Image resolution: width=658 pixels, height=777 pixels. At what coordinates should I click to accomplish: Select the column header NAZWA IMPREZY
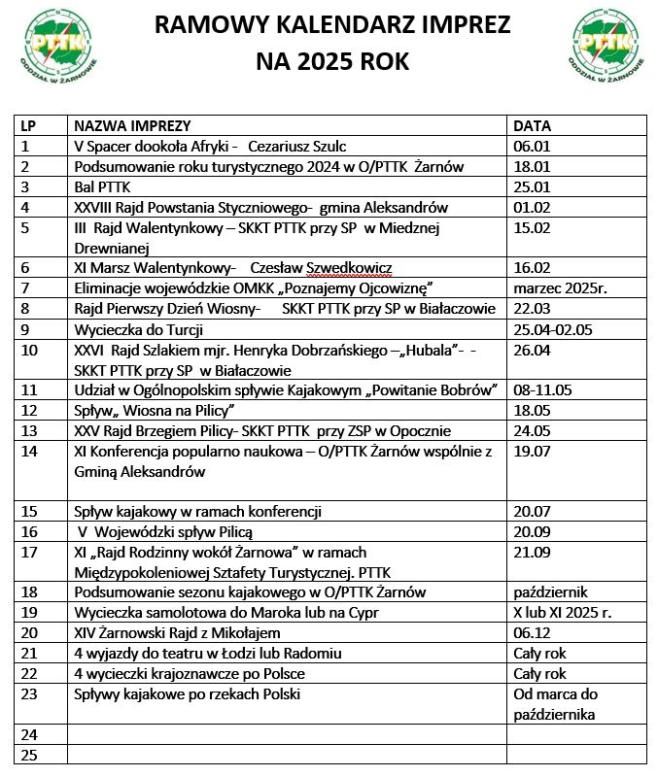coord(131,126)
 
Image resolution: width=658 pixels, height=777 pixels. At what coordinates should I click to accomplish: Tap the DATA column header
coord(532,126)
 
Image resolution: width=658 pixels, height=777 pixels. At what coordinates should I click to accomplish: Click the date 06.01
coord(532,147)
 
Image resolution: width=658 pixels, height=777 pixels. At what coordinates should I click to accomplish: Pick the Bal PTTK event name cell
coord(101,186)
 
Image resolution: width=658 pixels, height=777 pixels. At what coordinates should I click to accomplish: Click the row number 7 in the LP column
coord(26,288)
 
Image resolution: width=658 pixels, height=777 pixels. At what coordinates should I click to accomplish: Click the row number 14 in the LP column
coord(29,452)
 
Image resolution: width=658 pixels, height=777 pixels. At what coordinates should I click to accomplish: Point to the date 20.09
coord(532,532)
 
